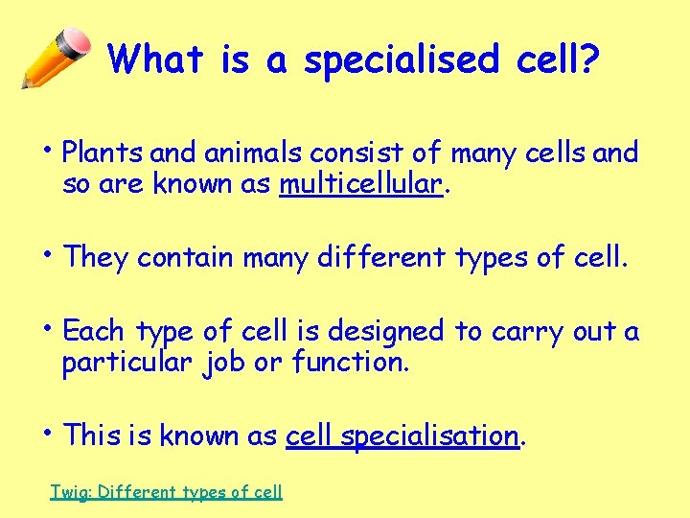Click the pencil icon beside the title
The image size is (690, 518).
pos(56,57)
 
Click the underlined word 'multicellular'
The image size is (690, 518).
pos(361,184)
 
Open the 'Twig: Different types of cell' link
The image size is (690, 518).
pos(166,492)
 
